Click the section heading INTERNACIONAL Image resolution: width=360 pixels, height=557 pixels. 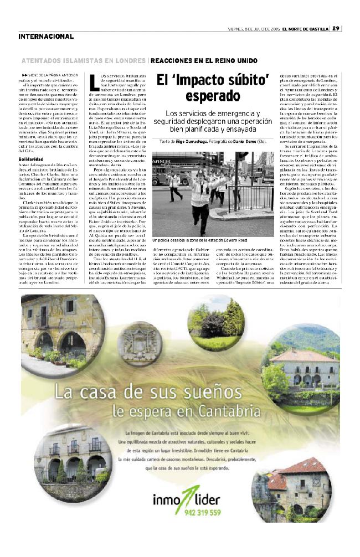point(46,37)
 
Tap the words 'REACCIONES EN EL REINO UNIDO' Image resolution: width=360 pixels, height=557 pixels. point(204,60)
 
